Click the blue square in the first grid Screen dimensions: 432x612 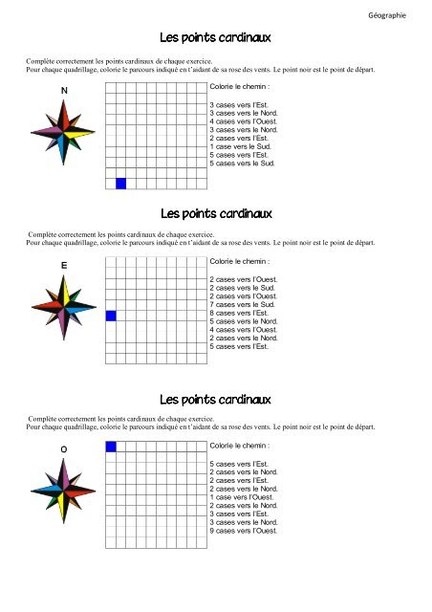120,184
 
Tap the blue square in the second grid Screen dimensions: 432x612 110,316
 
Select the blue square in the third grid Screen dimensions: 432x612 110,447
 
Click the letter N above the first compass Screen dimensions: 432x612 64,91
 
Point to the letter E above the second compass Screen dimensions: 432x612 63,265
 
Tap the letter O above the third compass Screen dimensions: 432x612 63,448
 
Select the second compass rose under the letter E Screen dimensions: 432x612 64,306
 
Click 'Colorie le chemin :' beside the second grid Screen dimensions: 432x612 240,261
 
